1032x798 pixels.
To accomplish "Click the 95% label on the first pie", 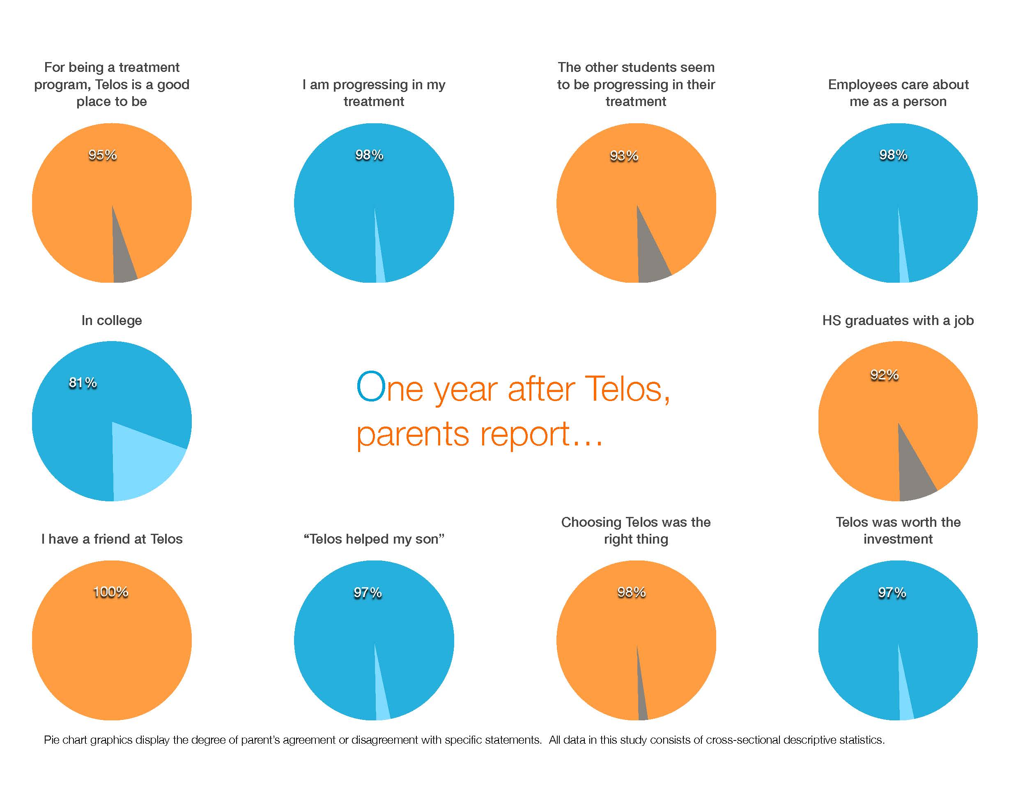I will tap(103, 155).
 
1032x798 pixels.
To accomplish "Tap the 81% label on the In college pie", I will tap(83, 383).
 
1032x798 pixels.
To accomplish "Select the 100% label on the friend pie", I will tap(110, 592).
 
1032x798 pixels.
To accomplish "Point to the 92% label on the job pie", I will tap(884, 375).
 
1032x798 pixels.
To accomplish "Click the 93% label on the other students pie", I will tap(624, 156).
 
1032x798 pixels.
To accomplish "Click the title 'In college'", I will tap(112, 321).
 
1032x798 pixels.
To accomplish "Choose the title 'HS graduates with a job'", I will tap(898, 321).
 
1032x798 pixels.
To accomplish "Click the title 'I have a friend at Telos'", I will tap(112, 539).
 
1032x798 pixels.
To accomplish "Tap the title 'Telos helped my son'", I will tap(374, 539).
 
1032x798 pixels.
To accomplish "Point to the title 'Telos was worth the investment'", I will tap(898, 530).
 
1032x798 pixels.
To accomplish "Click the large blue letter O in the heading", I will tap(371, 387).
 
